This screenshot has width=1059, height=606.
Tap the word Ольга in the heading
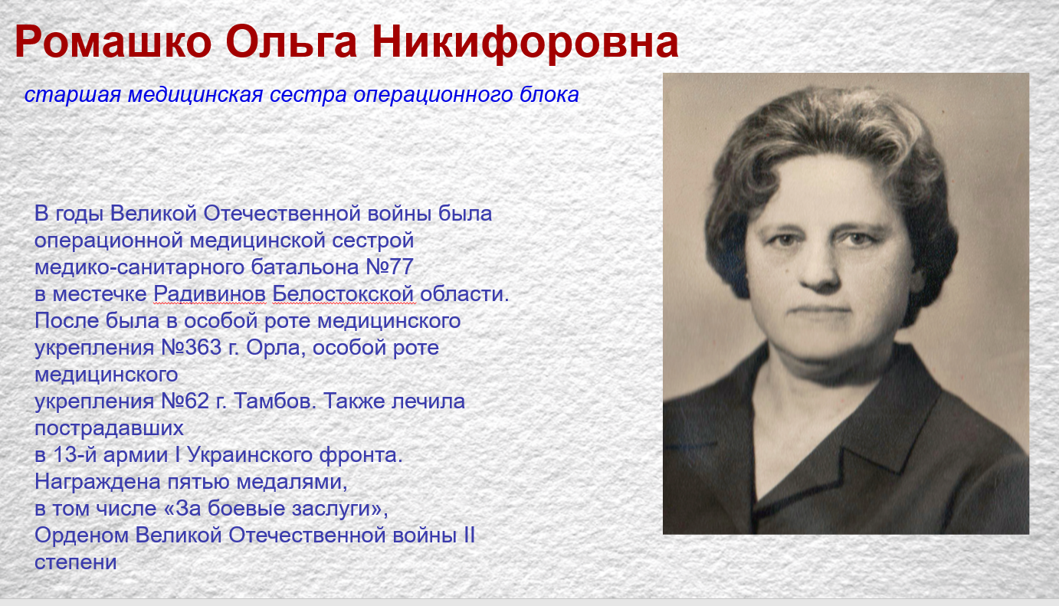click(291, 41)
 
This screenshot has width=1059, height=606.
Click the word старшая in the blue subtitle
click(73, 95)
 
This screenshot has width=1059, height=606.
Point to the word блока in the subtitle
click(549, 93)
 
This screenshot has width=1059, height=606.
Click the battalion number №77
click(389, 267)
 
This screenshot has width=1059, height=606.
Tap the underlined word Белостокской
click(343, 294)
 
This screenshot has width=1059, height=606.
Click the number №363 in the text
click(192, 347)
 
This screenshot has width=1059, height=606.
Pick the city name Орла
click(276, 348)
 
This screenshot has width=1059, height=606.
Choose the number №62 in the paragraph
click(185, 401)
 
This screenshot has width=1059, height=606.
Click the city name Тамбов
click(275, 401)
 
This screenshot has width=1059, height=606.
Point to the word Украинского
click(250, 455)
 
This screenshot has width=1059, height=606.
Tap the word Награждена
click(98, 482)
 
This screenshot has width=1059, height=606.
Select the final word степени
click(76, 563)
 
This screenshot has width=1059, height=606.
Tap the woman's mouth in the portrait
click(821, 311)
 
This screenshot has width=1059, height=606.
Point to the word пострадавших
click(110, 428)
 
